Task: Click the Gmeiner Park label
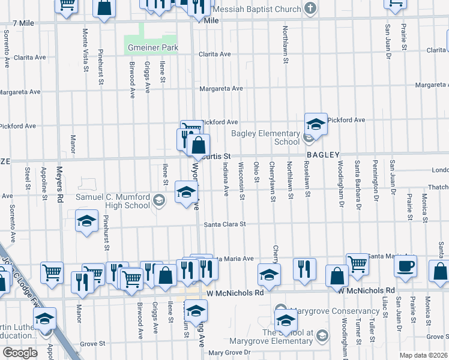click(152, 47)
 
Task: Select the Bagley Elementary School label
click(266, 137)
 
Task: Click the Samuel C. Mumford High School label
click(112, 201)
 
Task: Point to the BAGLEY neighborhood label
click(324, 155)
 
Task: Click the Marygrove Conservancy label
click(335, 311)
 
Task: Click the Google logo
click(20, 353)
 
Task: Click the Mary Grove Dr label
click(229, 352)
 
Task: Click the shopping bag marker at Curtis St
click(198, 146)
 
